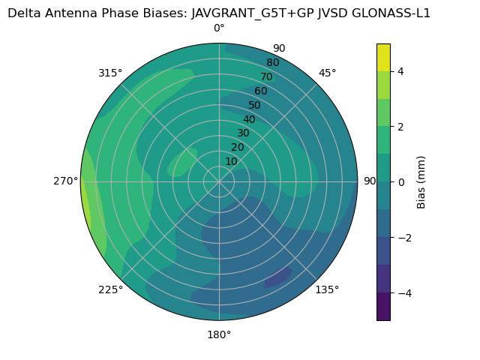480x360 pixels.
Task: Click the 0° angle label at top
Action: click(x=219, y=28)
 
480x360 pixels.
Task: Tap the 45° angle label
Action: click(x=328, y=73)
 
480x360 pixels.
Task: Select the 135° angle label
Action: click(x=327, y=289)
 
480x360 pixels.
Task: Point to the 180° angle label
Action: click(x=219, y=334)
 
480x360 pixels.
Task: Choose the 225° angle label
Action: click(x=110, y=289)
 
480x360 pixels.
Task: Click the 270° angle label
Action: click(x=65, y=181)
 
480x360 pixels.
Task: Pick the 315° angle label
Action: click(x=110, y=73)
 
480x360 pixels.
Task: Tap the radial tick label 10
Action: click(x=231, y=161)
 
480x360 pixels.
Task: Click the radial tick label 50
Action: click(x=255, y=105)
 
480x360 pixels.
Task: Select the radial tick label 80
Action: click(x=272, y=63)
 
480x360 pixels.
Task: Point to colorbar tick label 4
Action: click(x=401, y=71)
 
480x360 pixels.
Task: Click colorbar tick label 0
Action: click(x=401, y=182)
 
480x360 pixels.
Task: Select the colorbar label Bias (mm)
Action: click(x=421, y=182)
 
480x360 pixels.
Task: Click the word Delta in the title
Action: click(x=23, y=13)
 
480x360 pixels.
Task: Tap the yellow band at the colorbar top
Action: click(x=383, y=57)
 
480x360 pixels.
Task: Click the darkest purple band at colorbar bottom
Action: click(x=383, y=307)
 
